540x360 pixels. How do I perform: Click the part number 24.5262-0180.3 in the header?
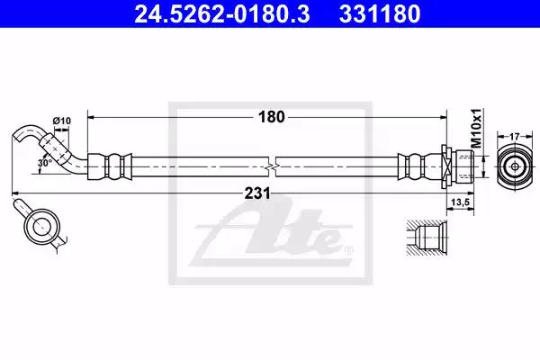222,13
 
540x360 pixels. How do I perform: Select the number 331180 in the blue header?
380,13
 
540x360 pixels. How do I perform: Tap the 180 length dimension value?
272,117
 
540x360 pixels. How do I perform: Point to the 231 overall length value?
257,193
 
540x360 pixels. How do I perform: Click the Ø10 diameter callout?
61,121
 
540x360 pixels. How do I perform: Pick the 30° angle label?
45,163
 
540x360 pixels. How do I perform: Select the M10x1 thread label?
476,128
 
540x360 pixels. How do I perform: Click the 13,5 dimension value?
461,202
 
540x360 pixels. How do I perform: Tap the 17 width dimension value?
514,137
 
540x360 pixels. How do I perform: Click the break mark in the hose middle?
272,166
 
